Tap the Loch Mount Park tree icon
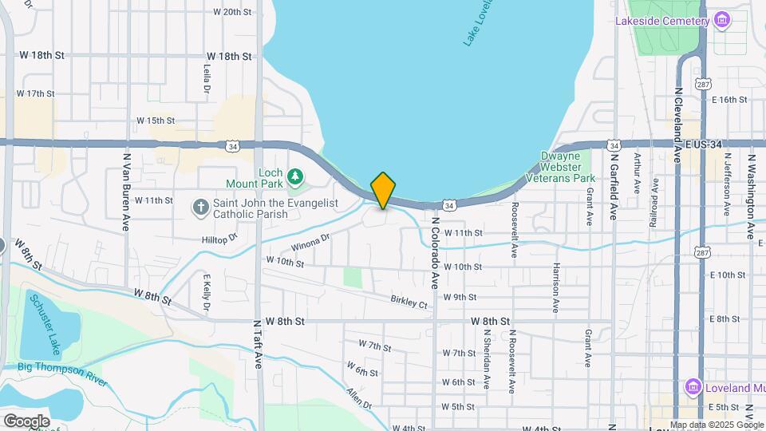(x=295, y=175)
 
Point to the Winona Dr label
(x=310, y=240)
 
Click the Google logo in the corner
(x=26, y=421)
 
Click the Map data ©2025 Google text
(x=717, y=425)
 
